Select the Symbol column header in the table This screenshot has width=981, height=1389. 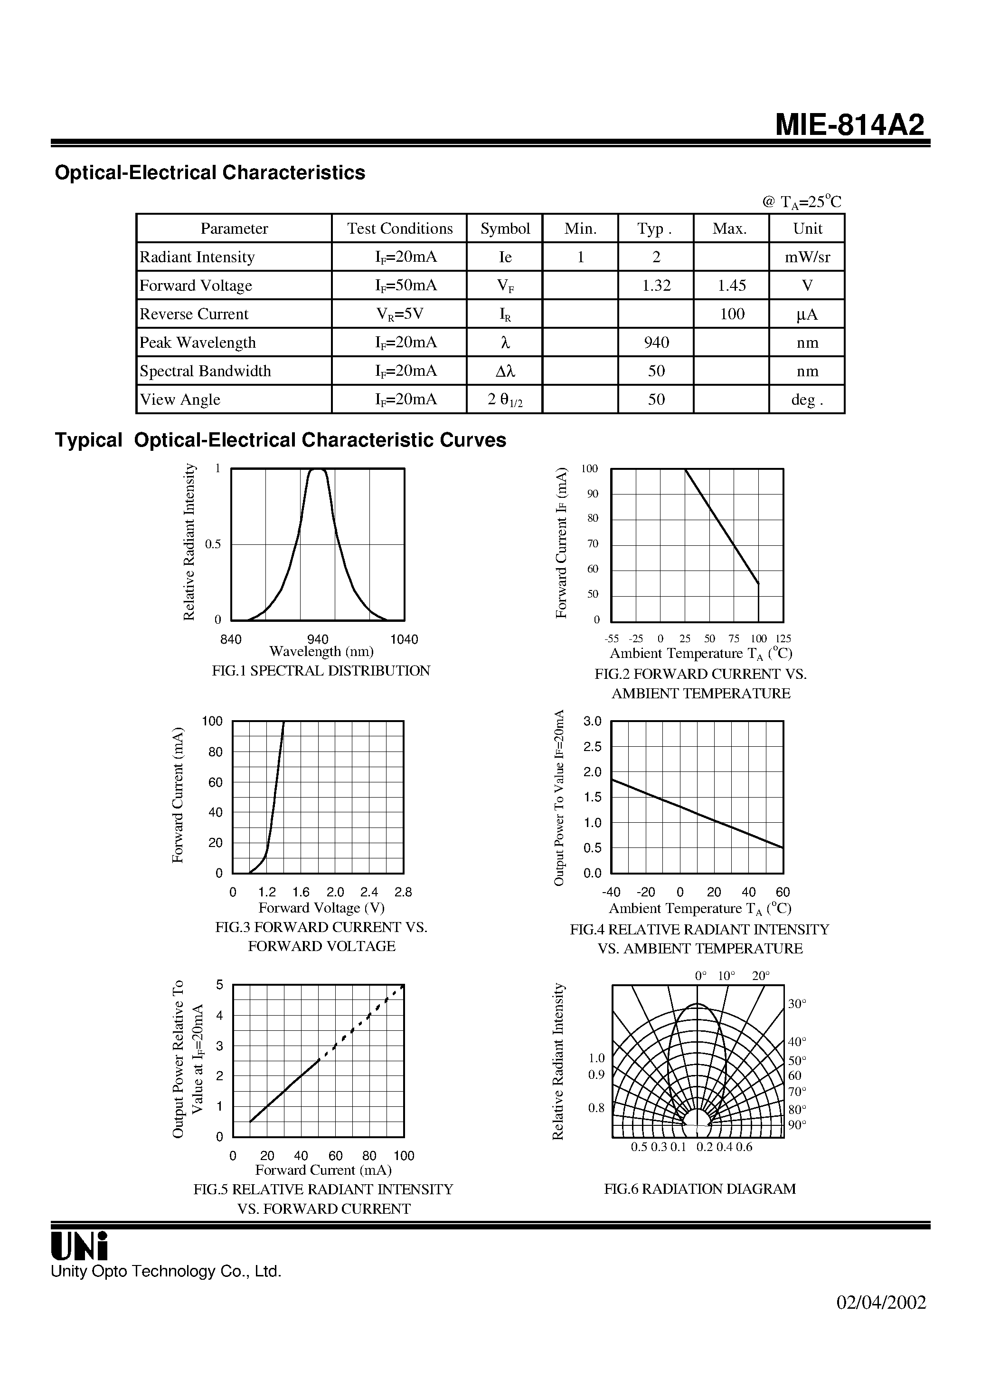tap(505, 228)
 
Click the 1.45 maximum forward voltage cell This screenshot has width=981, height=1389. tap(732, 285)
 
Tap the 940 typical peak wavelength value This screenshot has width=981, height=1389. tap(656, 342)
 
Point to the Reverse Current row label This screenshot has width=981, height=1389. tap(194, 314)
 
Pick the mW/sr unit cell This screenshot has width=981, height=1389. tap(807, 257)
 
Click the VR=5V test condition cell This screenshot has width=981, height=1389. tap(400, 314)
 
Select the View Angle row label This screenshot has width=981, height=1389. tap(180, 400)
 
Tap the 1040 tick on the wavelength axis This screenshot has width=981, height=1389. tap(404, 639)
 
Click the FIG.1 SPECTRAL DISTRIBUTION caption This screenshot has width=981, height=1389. tap(321, 670)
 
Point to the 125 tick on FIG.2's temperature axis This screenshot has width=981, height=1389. tap(783, 639)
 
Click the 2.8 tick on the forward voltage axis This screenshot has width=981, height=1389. tap(403, 892)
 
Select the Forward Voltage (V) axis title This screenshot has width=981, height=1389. tap(321, 907)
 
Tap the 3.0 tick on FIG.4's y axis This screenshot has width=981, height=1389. tap(593, 721)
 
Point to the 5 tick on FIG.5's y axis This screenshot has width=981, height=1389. tap(219, 985)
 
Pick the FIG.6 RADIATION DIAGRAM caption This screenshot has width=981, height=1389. tap(700, 1189)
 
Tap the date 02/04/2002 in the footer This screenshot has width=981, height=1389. tap(881, 1303)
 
